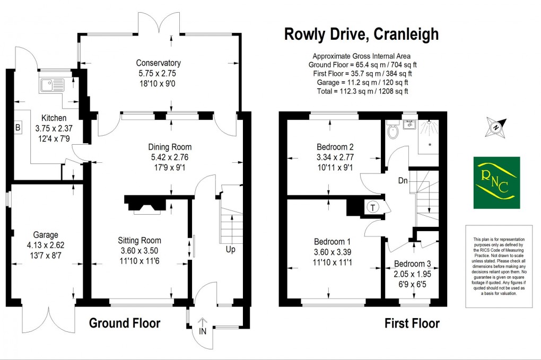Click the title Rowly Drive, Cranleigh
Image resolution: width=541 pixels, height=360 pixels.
coord(361,34)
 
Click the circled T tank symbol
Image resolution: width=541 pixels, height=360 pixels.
coord(373,207)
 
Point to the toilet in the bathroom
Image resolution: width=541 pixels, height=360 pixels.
coord(393,131)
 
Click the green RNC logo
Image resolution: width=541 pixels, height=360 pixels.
coord(496,183)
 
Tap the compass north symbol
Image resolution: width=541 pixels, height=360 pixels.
coord(495,127)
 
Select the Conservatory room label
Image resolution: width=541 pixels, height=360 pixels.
coord(158,63)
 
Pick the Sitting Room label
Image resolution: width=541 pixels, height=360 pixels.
coord(139,241)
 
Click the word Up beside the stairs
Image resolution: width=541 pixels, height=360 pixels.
coord(231,249)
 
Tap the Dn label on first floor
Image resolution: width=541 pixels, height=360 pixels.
coord(403,180)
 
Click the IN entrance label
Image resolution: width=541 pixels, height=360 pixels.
coord(203,331)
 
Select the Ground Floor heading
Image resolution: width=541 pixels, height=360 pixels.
coord(124,323)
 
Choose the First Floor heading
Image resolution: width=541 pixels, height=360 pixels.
coord(412,323)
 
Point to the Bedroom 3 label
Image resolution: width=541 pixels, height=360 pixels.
coord(412,264)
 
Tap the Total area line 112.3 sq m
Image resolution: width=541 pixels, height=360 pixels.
coord(361,91)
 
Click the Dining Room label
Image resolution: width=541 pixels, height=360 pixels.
coord(170,147)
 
